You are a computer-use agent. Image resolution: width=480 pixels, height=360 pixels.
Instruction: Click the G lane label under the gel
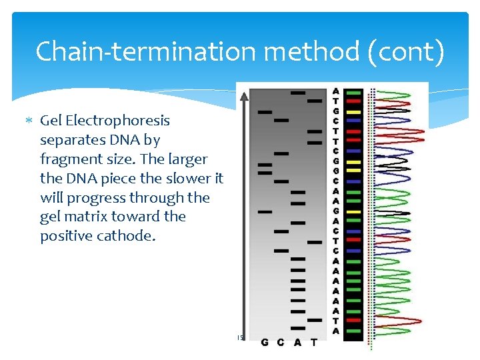265,343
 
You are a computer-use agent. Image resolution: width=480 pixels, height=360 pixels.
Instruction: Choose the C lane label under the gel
281,343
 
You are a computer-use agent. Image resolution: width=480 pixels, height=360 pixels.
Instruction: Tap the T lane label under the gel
314,343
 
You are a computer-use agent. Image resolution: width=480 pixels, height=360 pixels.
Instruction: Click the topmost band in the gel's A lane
298,92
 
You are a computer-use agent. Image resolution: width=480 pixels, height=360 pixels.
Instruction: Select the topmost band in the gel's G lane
265,112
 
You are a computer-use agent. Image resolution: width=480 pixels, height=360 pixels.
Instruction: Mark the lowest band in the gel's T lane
315,320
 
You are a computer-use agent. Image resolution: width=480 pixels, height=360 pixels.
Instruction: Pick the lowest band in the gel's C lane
281,251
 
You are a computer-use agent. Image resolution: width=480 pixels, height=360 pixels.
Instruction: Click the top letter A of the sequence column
335,91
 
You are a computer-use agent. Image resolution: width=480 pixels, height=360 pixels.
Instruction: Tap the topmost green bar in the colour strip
354,91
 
